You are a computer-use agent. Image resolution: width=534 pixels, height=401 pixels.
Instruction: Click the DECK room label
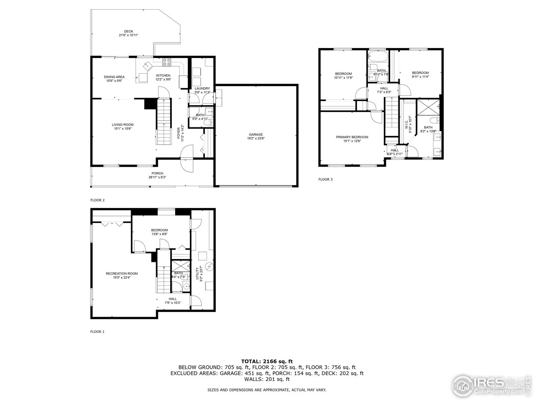[x=128, y=31]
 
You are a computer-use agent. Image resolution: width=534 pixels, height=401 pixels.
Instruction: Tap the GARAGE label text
[x=256, y=135]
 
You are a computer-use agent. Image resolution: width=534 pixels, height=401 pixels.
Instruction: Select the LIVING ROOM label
[x=123, y=124]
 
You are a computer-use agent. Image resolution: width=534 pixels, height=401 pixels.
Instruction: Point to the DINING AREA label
[x=114, y=77]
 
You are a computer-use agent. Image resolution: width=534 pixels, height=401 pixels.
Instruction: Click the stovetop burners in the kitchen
[x=166, y=62]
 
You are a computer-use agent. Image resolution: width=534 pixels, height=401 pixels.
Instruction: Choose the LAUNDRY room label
[x=202, y=89]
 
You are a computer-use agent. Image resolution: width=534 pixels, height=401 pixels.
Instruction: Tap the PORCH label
[x=157, y=173]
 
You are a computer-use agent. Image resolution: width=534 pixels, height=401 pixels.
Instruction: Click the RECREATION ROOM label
[x=122, y=274]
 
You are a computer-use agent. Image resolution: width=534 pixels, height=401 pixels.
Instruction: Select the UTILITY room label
[x=197, y=274]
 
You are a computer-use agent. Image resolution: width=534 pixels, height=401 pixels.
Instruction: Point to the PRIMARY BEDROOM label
[x=352, y=137]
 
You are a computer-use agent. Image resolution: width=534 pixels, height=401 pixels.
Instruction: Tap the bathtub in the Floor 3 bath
[x=378, y=56]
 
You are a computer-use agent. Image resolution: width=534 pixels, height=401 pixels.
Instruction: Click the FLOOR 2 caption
[x=98, y=200]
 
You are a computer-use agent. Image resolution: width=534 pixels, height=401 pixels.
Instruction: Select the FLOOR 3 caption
[x=325, y=179]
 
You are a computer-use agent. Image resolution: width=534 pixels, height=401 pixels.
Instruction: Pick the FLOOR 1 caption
[x=98, y=332]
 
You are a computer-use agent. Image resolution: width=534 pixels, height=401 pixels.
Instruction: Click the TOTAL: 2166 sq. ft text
[x=267, y=360]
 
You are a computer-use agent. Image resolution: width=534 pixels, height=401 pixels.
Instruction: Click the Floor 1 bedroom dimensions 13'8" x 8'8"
[x=159, y=234]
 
